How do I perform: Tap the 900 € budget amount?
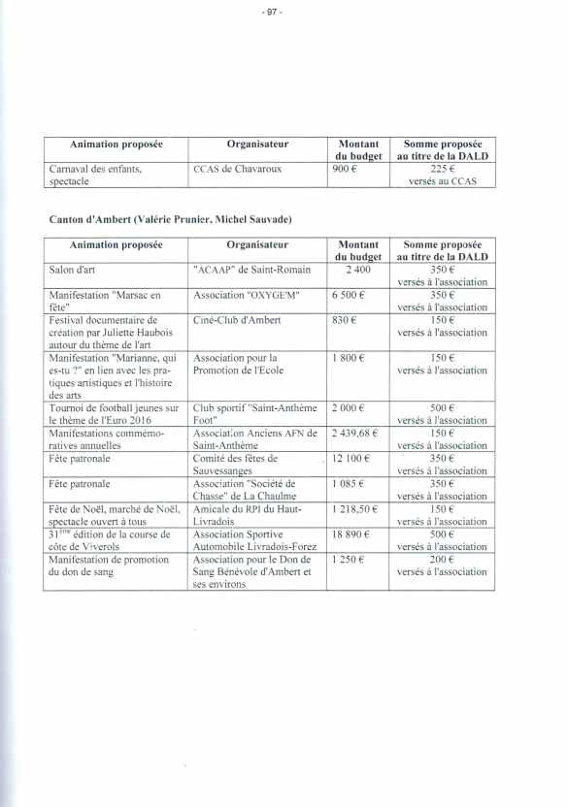click(x=347, y=169)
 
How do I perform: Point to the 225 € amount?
click(x=442, y=169)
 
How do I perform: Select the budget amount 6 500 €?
click(x=348, y=294)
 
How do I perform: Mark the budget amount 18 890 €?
click(x=354, y=533)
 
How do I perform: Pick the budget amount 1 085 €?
click(x=350, y=483)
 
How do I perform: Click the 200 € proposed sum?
click(x=442, y=559)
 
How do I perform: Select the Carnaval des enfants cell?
click(x=95, y=169)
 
